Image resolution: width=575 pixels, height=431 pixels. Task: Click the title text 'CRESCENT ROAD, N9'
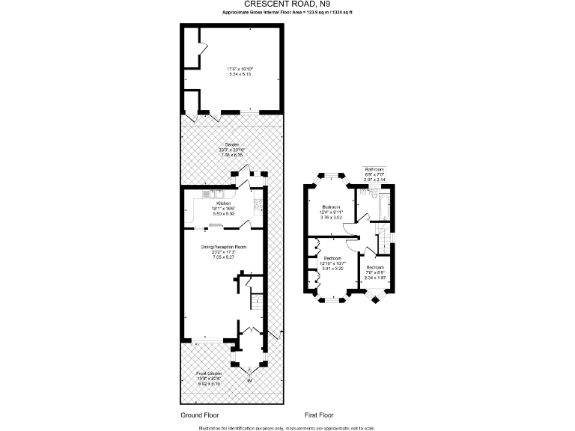pyautogui.click(x=287, y=4)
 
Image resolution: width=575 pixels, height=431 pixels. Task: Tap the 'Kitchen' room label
pyautogui.click(x=223, y=204)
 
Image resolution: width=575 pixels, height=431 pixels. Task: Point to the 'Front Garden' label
pyautogui.click(x=210, y=373)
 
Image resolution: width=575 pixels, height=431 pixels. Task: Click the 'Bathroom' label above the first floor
pyautogui.click(x=374, y=170)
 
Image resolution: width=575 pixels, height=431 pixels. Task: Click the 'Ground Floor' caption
pyautogui.click(x=201, y=415)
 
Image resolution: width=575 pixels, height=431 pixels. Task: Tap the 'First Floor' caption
pyautogui.click(x=319, y=415)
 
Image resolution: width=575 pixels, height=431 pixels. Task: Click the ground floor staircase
pyautogui.click(x=255, y=302)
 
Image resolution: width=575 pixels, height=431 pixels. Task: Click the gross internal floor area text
pyautogui.click(x=287, y=13)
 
